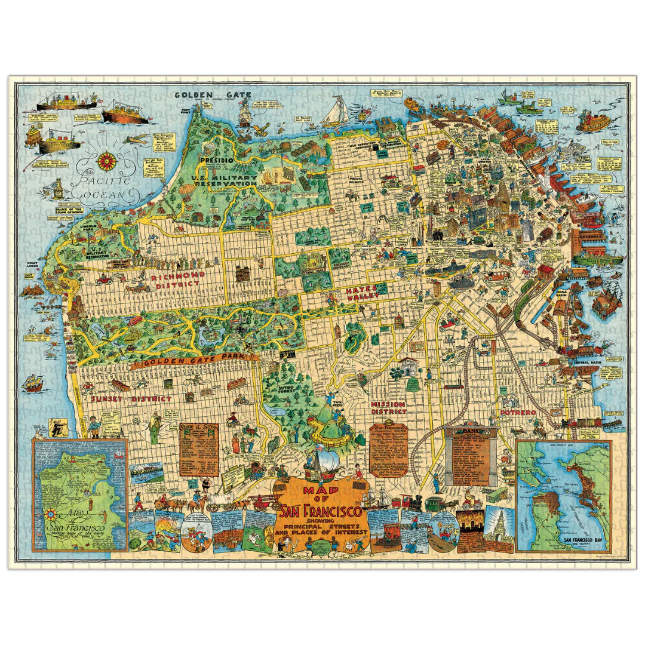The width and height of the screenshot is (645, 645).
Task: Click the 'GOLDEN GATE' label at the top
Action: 213,94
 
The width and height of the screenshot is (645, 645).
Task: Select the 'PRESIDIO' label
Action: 216,161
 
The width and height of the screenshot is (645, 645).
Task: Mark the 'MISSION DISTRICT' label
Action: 388,407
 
